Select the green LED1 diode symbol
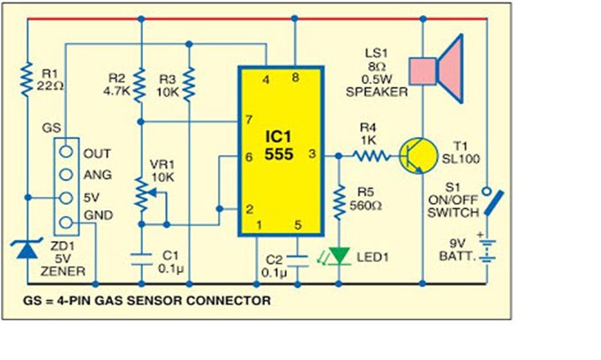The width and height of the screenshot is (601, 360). click(338, 256)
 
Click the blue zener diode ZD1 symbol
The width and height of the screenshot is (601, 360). click(28, 251)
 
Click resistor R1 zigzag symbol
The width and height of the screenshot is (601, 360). click(28, 81)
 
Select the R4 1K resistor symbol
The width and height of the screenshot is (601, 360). click(371, 156)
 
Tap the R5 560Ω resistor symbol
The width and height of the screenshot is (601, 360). click(338, 204)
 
